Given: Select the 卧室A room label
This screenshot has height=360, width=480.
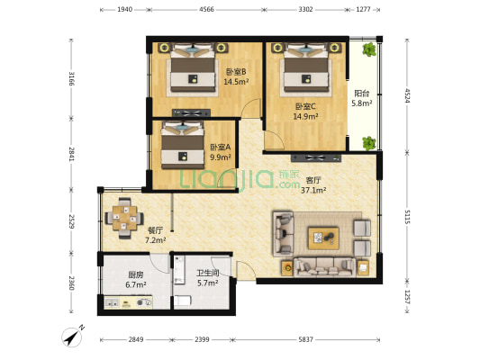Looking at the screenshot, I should click(220, 152).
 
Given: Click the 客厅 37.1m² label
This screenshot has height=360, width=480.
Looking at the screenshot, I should click(313, 184).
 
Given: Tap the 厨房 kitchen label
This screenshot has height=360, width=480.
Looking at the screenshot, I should click(112, 279).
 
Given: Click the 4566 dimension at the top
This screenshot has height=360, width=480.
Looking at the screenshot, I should click(205, 9).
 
